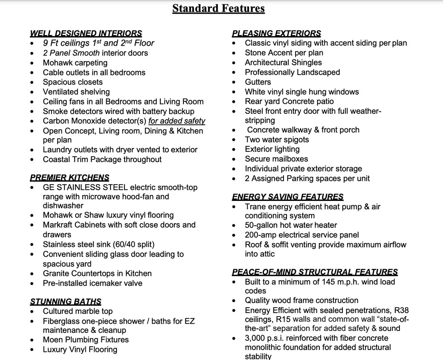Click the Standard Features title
coord(218,8)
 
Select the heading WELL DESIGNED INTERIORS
coord(86,33)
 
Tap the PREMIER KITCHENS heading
coord(69,177)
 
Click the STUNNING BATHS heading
coord(66,302)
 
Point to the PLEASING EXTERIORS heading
coord(276,33)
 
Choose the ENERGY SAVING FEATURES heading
coord(287,197)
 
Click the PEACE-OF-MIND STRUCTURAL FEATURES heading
coord(315,272)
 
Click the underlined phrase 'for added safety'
coord(177,121)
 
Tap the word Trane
coord(255,206)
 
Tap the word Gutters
coord(258,82)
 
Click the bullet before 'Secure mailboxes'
coord(235,160)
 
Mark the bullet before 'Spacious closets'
coord(32,82)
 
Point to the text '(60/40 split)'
coord(133,244)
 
